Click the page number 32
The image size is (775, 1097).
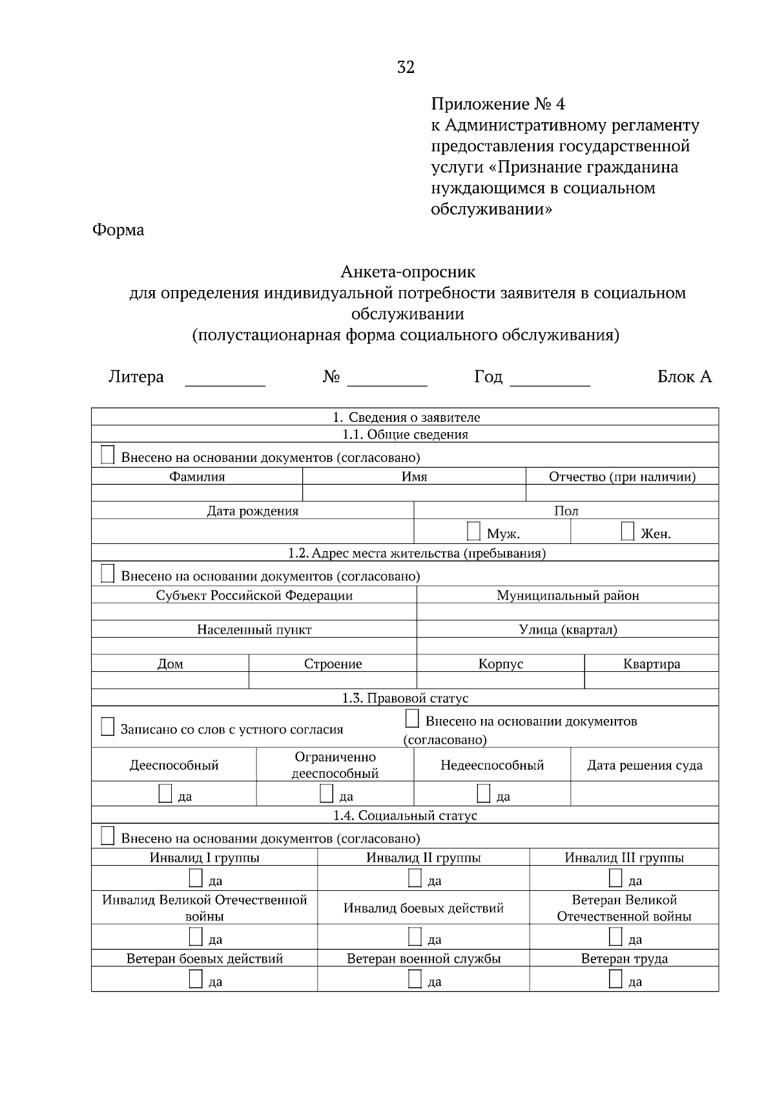coord(406,68)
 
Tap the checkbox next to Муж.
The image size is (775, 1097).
coord(473,532)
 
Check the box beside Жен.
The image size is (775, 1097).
coord(627,532)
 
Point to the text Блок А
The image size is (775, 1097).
coord(684,377)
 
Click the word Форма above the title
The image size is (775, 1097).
coord(118,230)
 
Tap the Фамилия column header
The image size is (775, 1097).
coord(197,477)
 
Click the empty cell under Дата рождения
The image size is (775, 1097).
coord(252,532)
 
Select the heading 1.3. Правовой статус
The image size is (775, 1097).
coord(405,698)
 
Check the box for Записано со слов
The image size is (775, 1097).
coord(108,727)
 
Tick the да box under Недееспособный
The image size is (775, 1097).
coord(484,794)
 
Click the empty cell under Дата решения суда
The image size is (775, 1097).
coord(644,793)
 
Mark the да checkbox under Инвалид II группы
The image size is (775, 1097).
coord(415,879)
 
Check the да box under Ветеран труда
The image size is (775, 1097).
coord(615,979)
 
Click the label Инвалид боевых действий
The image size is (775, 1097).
coord(423,908)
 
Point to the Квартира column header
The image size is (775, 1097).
coord(651,664)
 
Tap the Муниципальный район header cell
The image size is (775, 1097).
coord(567,596)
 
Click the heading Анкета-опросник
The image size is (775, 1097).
coord(408,272)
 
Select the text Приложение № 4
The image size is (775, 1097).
coord(497,104)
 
